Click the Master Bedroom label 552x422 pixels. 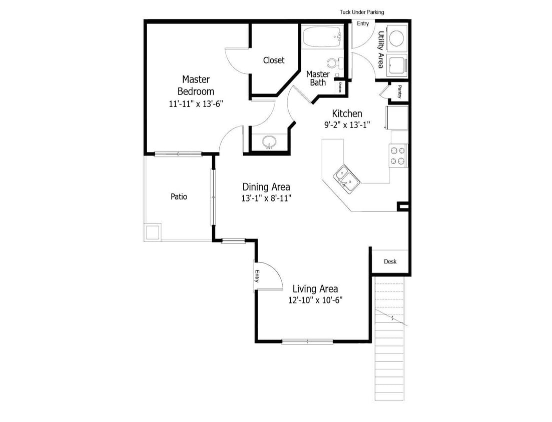pos(196,85)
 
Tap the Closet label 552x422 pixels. pos(274,60)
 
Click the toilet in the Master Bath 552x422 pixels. pos(334,63)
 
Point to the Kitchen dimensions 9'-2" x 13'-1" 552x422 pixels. pos(346,125)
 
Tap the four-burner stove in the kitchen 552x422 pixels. pos(399,155)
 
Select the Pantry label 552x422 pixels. pos(399,91)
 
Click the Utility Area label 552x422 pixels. pos(381,49)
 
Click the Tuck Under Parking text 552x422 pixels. pos(362,12)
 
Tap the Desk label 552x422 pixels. pos(390,261)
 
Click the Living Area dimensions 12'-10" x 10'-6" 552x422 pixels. pos(315,300)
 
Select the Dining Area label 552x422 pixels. pos(266,187)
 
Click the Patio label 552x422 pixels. pos(179,196)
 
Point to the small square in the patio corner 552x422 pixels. pos(153,232)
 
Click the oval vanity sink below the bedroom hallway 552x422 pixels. pos(270,141)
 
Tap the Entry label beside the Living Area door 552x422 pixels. pos(257,276)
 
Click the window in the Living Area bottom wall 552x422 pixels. pos(307,341)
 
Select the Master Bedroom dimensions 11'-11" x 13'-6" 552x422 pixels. pos(196,104)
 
